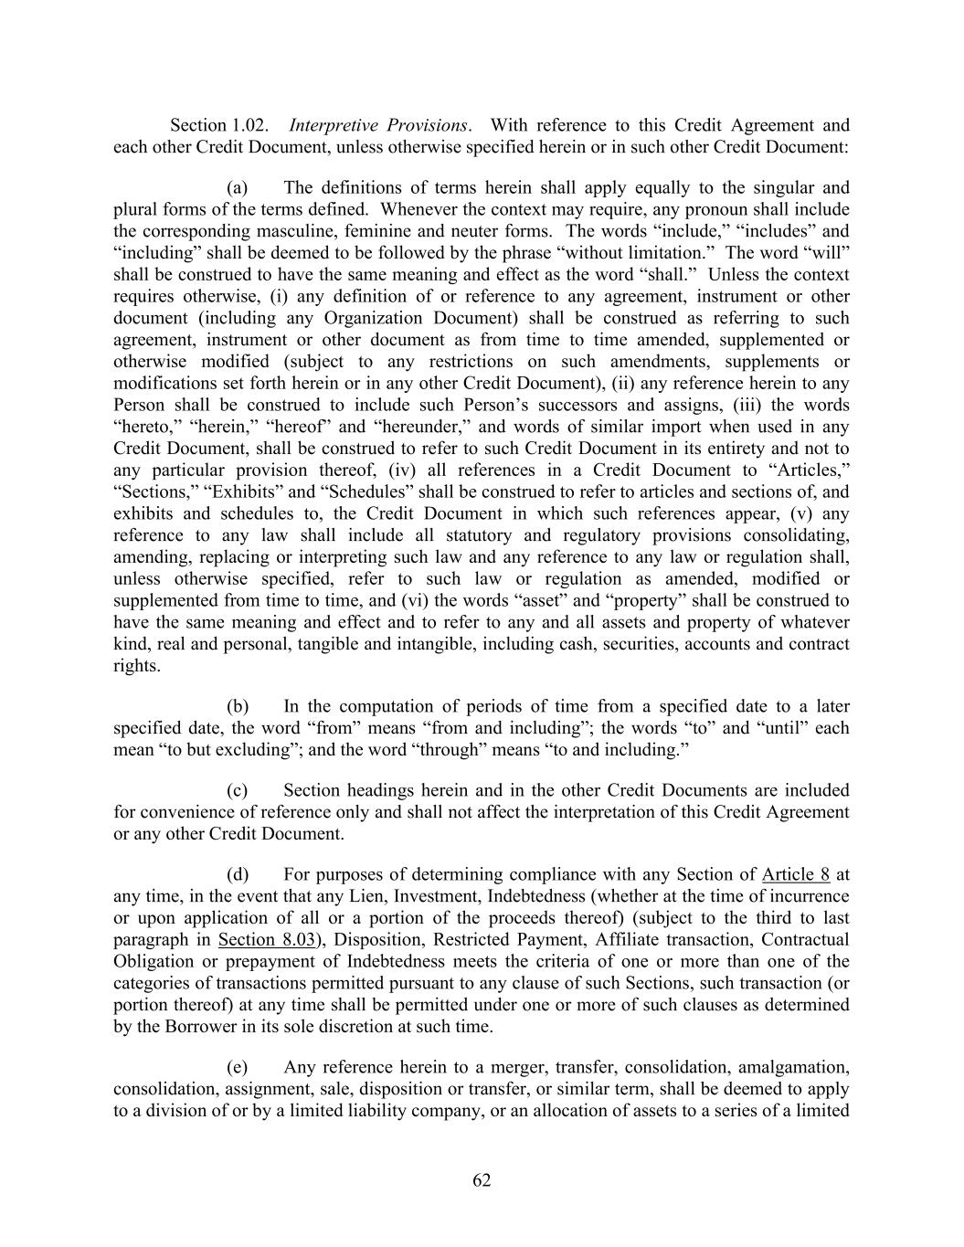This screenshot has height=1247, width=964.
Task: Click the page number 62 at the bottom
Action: [482, 1180]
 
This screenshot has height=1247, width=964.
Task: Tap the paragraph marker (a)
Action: [238, 188]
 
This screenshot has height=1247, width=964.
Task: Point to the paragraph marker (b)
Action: [238, 706]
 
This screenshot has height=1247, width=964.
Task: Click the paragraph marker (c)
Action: [238, 790]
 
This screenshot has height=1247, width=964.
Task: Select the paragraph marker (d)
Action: [238, 874]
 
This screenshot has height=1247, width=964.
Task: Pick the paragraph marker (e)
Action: [238, 1067]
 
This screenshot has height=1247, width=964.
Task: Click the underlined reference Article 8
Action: [795, 874]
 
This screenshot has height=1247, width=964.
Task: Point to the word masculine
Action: [301, 232]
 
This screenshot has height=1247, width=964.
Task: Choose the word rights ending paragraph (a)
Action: [135, 666]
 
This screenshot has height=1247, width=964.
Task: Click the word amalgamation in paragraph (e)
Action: [793, 1067]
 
